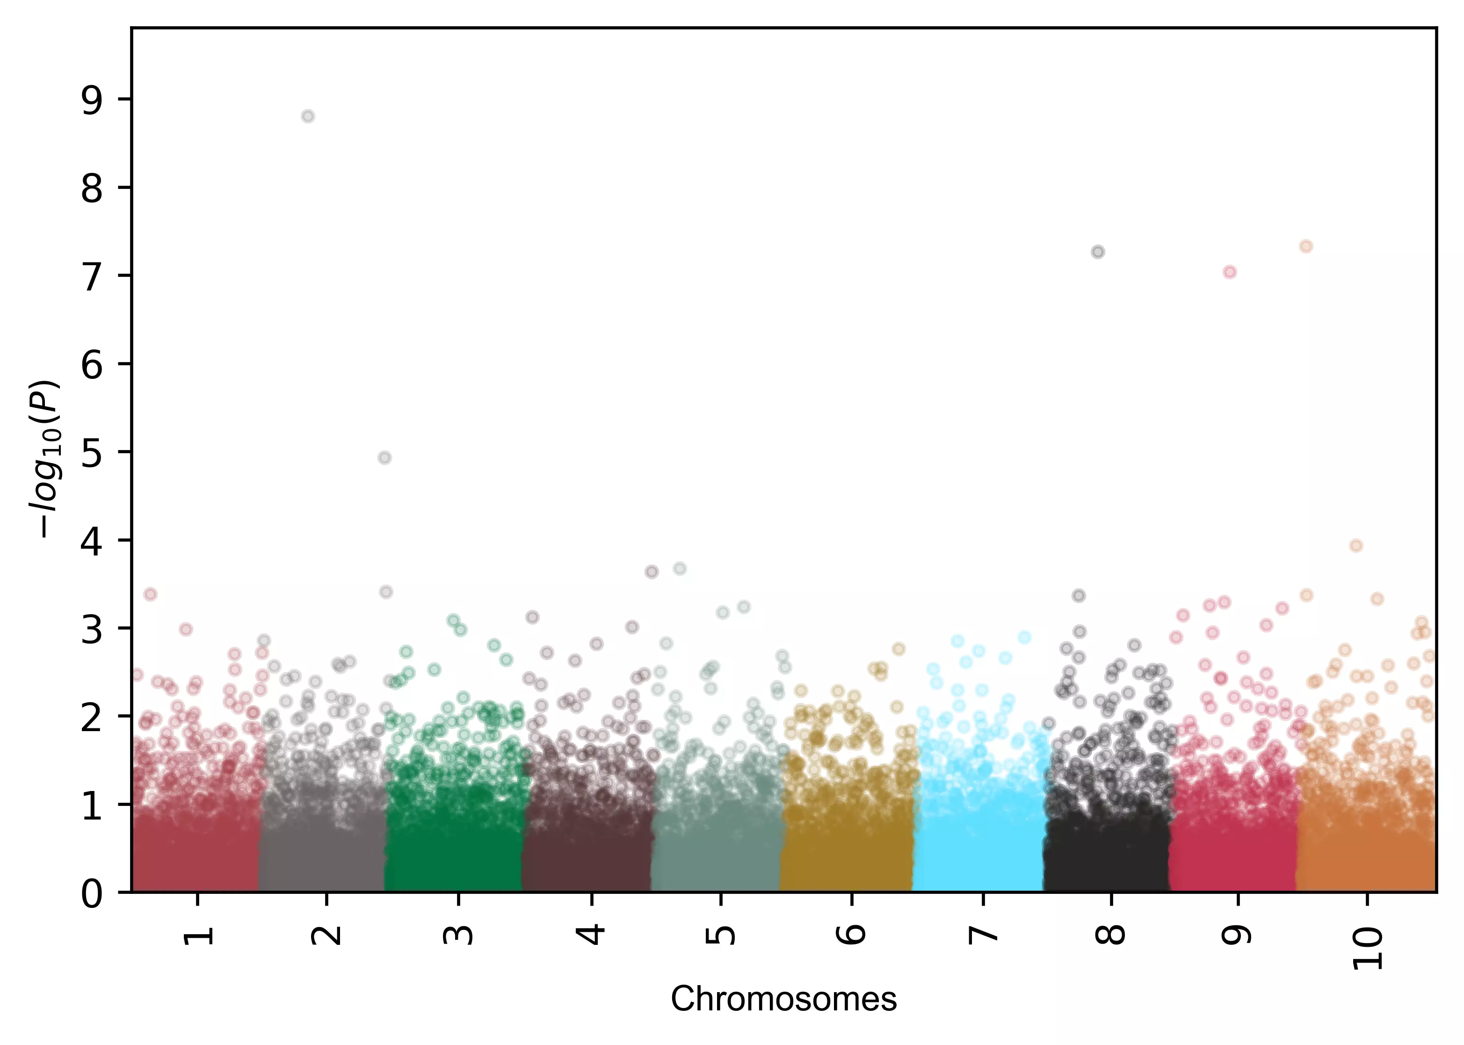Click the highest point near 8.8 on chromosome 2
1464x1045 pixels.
click(x=308, y=116)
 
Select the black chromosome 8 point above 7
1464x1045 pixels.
click(x=1098, y=252)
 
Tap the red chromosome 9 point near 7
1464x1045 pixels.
click(x=1230, y=272)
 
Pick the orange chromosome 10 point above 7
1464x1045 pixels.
click(x=1306, y=247)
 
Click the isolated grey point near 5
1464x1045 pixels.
click(x=384, y=457)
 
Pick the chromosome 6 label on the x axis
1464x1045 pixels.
click(x=852, y=934)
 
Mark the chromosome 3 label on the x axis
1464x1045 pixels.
click(x=458, y=934)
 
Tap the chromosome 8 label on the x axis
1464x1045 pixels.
click(x=1111, y=934)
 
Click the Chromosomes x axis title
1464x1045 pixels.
click(x=783, y=999)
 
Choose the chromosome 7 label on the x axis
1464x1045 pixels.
click(x=982, y=934)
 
